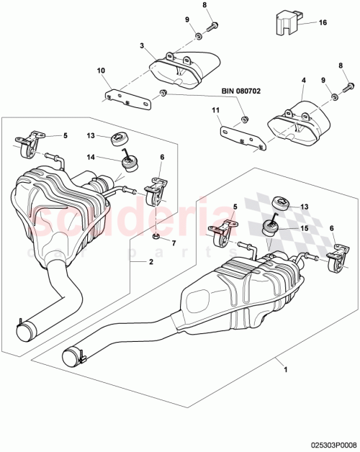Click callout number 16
pos(323,23)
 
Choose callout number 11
pos(215,109)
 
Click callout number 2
pos(150,263)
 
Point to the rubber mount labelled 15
pos(269,228)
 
